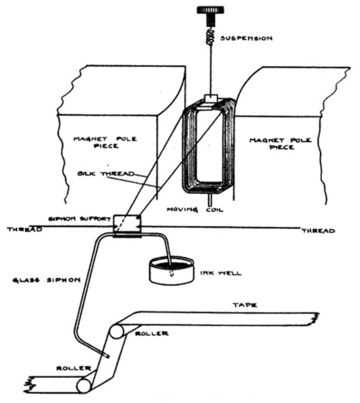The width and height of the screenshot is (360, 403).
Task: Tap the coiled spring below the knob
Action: coord(211,36)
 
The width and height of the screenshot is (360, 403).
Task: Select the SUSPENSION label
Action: coord(246,38)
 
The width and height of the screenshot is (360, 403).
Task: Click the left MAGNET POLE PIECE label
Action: coord(105,142)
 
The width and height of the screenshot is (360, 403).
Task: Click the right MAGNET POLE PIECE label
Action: coord(280,144)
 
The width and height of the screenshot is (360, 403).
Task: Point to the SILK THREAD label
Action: coord(106,173)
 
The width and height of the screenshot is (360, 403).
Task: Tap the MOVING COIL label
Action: coord(195,210)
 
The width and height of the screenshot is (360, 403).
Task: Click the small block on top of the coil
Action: coord(212,99)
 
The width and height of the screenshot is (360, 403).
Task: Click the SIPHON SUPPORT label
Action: coord(80,219)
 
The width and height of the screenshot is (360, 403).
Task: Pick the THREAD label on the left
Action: coord(25,229)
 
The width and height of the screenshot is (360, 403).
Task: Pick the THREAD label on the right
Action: coord(318,231)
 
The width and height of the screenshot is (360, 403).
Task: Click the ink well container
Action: coord(171,270)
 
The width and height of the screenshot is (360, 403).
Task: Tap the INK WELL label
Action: coord(220,273)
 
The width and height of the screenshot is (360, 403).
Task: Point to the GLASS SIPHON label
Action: coord(47,280)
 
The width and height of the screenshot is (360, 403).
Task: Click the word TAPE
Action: coord(245,305)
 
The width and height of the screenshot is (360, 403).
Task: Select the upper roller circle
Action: coord(117,332)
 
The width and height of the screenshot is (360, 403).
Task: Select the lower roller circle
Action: coord(85,385)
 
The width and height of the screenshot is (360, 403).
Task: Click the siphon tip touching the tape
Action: coord(107,356)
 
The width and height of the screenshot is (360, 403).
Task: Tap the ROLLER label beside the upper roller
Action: coord(152,333)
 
